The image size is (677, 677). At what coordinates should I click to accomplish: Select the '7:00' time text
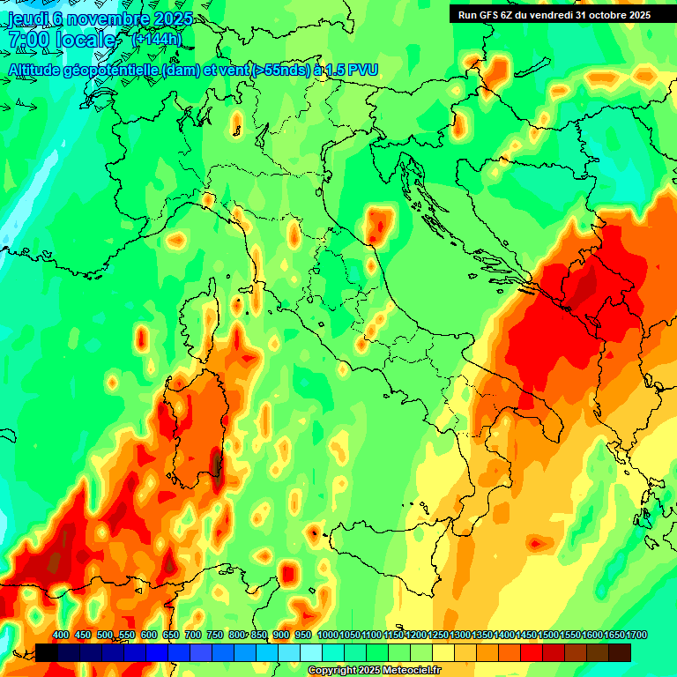(x=28, y=40)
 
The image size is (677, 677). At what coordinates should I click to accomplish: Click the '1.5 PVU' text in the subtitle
(x=348, y=70)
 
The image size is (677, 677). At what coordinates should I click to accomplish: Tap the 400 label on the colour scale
(x=61, y=635)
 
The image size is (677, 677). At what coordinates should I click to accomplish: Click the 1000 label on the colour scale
(x=327, y=635)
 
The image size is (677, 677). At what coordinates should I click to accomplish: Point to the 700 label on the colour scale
(x=193, y=635)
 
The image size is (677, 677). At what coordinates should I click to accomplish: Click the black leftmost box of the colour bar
(x=47, y=651)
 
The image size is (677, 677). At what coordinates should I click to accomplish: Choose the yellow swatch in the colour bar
(x=443, y=651)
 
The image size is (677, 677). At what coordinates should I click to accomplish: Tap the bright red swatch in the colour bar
(x=532, y=651)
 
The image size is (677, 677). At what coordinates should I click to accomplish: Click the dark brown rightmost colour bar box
(x=620, y=651)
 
